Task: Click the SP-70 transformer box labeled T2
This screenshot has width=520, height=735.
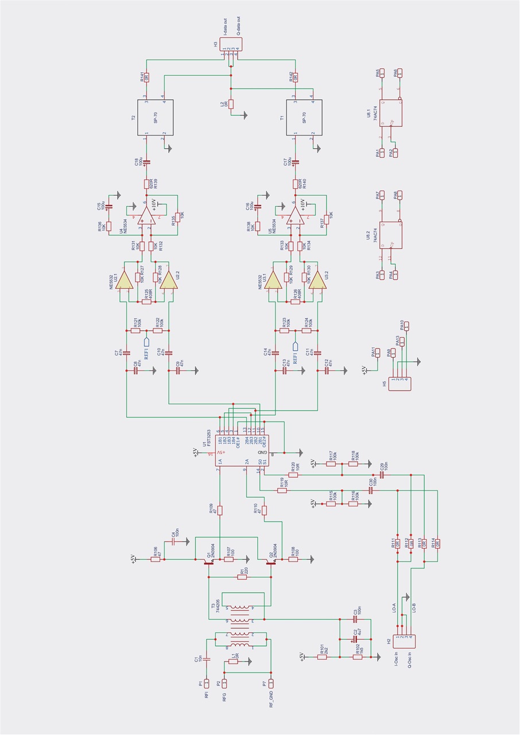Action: point(155,118)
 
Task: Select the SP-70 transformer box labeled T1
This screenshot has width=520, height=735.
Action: point(304,118)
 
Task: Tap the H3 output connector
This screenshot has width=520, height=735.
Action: point(230,44)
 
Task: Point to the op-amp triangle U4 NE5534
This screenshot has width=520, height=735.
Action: point(147,216)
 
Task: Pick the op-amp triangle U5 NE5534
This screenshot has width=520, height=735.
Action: point(296,216)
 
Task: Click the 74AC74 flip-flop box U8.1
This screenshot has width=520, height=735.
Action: point(391,113)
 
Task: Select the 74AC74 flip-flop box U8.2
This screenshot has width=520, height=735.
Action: point(391,235)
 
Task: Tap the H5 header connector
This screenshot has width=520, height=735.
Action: point(399,384)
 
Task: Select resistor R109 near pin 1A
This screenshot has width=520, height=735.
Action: point(220,510)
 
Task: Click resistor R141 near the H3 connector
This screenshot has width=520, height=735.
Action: point(146,76)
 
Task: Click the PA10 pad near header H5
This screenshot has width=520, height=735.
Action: point(407,327)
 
